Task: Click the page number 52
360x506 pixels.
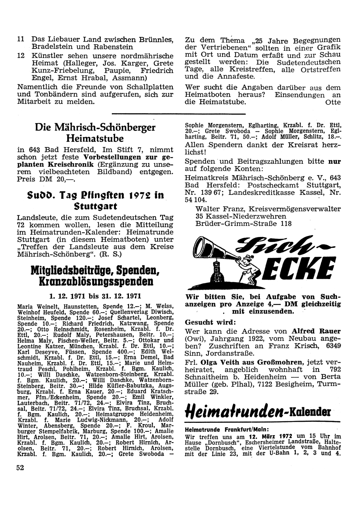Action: (21, 468)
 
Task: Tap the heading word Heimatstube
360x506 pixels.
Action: (95, 138)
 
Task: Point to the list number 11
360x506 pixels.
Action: (21, 39)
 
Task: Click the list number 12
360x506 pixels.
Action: (21, 55)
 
